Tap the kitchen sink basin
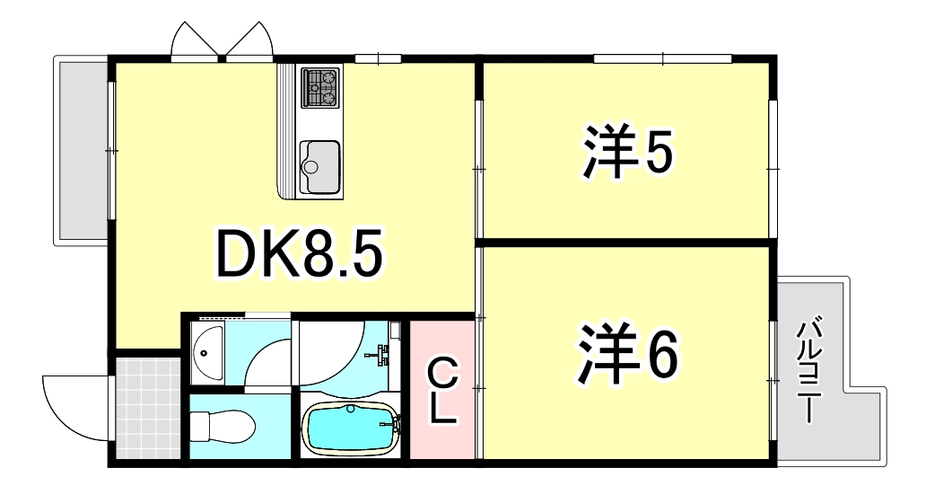[319, 166]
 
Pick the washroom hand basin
[207, 352]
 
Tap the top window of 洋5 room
[662, 58]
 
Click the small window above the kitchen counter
[377, 59]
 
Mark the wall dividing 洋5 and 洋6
[625, 241]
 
